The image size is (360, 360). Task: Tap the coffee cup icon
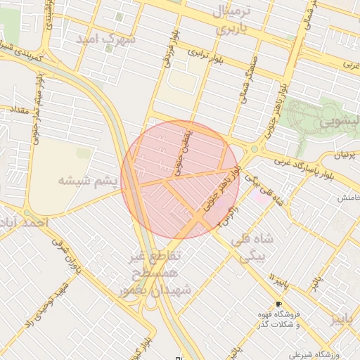point(279,304)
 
